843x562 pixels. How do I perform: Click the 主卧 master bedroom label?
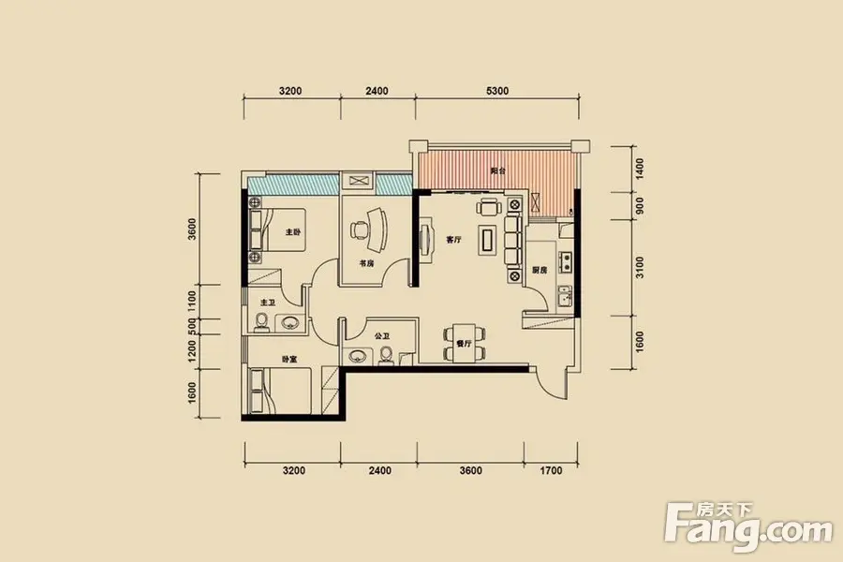293,232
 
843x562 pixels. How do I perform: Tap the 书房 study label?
366,263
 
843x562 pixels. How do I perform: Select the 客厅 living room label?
453,240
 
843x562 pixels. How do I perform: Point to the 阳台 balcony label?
498,171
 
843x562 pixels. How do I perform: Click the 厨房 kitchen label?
540,270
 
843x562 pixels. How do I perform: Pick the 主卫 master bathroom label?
268,303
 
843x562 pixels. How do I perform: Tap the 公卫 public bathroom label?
382,336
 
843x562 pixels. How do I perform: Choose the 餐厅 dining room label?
464,343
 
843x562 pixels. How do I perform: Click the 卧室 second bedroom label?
289,360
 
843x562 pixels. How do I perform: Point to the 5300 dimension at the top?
497,91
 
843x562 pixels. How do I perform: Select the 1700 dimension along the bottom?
551,470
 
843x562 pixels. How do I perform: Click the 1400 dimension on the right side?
639,169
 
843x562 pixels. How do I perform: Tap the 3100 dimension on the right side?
639,267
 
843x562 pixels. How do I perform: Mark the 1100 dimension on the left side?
192,302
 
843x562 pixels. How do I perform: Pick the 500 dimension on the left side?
192,327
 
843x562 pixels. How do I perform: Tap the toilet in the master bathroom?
262,322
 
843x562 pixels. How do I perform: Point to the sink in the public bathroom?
358,356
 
